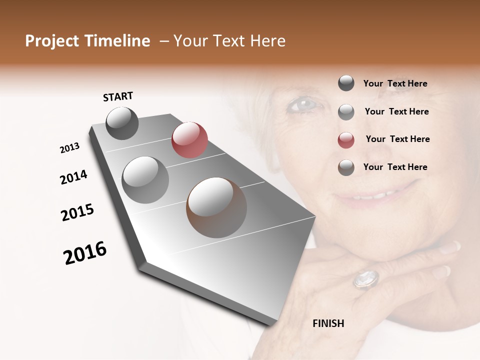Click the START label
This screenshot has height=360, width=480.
tap(118, 96)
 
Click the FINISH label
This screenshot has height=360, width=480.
tap(328, 323)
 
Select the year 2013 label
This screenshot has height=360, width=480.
tap(70, 148)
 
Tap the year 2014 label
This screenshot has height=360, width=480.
tap(73, 177)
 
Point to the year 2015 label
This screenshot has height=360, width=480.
tap(77, 212)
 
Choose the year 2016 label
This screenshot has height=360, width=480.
tap(85, 253)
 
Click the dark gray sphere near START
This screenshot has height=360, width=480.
tap(122, 123)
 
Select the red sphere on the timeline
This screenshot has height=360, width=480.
tap(189, 140)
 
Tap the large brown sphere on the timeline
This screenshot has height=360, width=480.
tap(216, 207)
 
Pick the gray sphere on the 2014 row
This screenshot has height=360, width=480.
tap(145, 179)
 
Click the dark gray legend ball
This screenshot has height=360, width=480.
tap(346, 83)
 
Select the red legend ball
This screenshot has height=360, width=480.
tap(346, 140)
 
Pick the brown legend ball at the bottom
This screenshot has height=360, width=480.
tap(346, 167)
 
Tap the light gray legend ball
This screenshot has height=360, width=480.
tap(346, 112)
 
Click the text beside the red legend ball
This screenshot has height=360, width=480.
tap(397, 139)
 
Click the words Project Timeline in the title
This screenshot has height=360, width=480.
tap(87, 41)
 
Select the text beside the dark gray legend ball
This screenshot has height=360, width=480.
tap(395, 83)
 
